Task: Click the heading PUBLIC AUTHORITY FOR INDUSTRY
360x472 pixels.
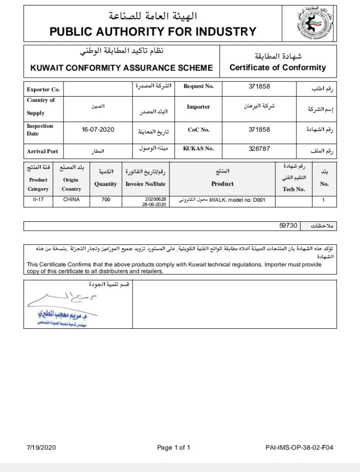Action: pos(152,33)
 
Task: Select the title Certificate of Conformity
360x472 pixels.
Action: pos(277,68)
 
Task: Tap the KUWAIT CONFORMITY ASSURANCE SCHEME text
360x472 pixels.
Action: pos(121,68)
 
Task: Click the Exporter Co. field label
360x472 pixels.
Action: pos(43,90)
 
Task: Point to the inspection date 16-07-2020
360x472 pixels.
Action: pos(98,130)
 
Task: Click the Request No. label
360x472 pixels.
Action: pos(198,86)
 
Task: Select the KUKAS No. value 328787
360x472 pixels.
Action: pos(259,149)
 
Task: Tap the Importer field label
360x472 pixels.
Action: pos(198,107)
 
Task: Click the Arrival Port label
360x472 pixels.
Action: pos(42,151)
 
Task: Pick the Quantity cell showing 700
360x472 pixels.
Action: pos(105,200)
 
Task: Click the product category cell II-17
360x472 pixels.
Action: pos(38,200)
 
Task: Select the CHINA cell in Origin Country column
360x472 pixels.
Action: pos(71,200)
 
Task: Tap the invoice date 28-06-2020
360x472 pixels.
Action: pos(154,204)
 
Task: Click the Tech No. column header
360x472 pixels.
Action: pos(293,189)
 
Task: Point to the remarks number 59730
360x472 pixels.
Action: pos(288,226)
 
